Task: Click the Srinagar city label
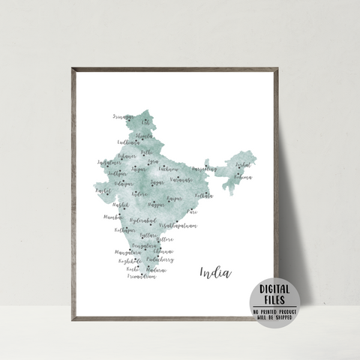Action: (121, 117)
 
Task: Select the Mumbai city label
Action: (112, 216)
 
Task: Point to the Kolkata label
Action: (204, 196)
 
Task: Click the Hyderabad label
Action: (142, 220)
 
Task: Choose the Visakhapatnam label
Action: (179, 224)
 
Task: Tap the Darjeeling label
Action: (204, 169)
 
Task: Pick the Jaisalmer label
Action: (109, 162)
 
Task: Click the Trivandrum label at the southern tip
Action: (141, 276)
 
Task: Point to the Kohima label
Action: (243, 178)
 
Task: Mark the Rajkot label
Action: (103, 191)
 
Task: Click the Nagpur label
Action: (156, 203)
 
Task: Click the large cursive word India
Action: (216, 272)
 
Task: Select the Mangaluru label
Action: (127, 253)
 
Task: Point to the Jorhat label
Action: (243, 164)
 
